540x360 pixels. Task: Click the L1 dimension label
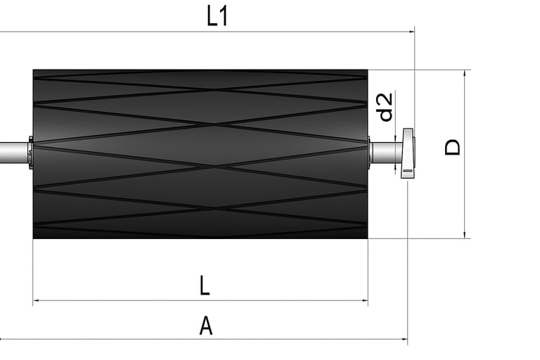(x=217, y=16)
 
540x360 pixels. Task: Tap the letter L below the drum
(x=205, y=285)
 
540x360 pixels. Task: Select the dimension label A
(x=206, y=326)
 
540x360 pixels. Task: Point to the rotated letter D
(x=453, y=147)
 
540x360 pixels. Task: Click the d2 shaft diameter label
(x=385, y=107)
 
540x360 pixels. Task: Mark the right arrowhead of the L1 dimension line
(x=412, y=32)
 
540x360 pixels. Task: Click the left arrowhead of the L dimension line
(x=36, y=300)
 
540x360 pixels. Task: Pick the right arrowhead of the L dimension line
(x=365, y=300)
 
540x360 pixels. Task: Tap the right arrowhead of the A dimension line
(x=405, y=339)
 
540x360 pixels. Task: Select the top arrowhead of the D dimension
(x=465, y=72)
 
